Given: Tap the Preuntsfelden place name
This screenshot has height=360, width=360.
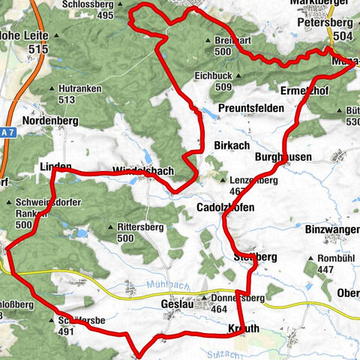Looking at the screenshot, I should tap(250, 109).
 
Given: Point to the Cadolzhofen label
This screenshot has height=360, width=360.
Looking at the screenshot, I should tap(225, 207).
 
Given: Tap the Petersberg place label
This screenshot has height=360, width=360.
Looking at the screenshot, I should tap(324, 22).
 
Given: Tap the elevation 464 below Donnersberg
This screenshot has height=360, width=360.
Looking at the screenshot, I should tap(220, 308).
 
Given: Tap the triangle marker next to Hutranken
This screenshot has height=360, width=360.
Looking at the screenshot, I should tap(51, 88).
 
